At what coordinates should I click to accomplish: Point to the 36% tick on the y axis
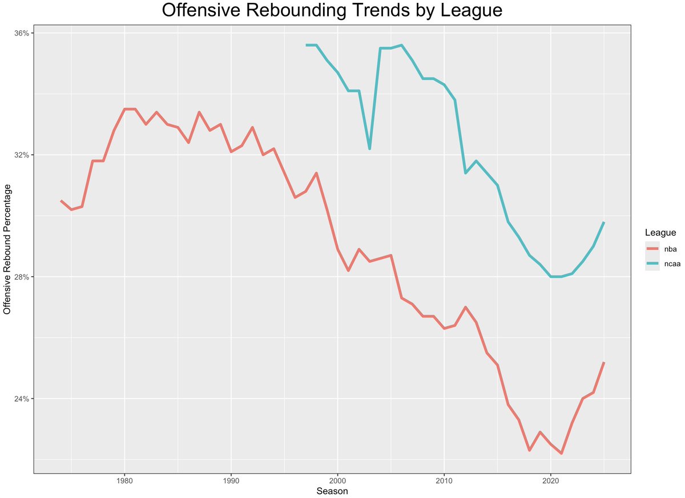[x=22, y=33]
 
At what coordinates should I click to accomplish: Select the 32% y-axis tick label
[x=22, y=155]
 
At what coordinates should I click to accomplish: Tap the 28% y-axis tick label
[x=22, y=277]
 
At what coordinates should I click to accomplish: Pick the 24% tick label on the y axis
[x=22, y=399]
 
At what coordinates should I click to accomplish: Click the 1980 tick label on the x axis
[x=124, y=481]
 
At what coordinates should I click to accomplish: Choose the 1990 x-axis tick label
[x=231, y=481]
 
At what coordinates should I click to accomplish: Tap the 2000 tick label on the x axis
[x=337, y=481]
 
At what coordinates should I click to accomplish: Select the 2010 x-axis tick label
[x=444, y=481]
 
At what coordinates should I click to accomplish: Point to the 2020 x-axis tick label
[x=551, y=481]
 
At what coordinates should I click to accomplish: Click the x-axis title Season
[x=332, y=491]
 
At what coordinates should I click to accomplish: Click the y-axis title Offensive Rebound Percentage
[x=7, y=249]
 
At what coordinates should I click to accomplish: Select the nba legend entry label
[x=670, y=249]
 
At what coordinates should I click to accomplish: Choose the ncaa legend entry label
[x=672, y=264]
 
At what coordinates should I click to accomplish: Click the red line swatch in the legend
[x=652, y=249]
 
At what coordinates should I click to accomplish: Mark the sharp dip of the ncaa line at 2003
[x=369, y=148]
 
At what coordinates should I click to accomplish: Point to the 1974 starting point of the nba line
[x=61, y=201]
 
